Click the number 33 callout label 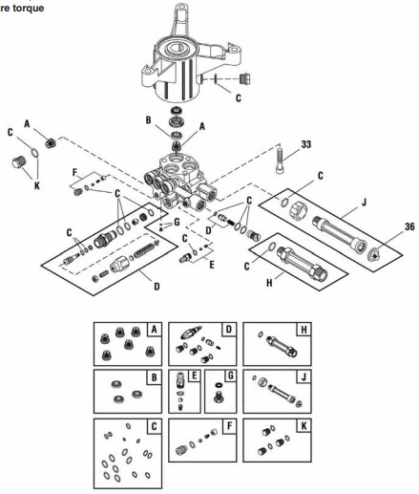(x=305, y=144)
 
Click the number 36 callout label (x=409, y=226)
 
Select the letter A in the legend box (x=154, y=329)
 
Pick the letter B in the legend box (x=155, y=377)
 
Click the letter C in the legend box (x=155, y=426)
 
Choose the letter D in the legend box (x=229, y=329)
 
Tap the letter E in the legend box (x=194, y=376)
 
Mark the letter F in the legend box (x=229, y=426)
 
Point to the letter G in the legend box (x=230, y=376)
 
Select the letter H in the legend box (x=304, y=330)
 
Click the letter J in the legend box (x=304, y=377)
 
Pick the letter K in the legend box (x=304, y=426)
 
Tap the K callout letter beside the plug (x=37, y=185)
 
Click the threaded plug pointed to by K (x=19, y=162)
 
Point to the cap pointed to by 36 (x=373, y=255)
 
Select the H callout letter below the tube (x=269, y=283)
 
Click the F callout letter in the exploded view (x=75, y=172)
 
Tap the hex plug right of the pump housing (x=244, y=78)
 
